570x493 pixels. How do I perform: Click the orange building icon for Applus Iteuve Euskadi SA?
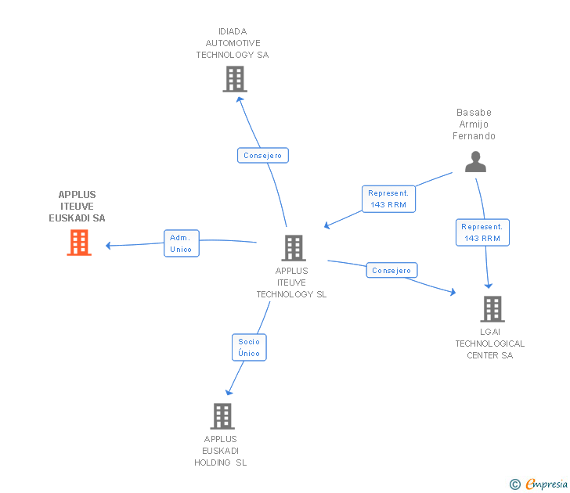click(x=78, y=243)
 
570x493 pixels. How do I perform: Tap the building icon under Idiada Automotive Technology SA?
click(x=234, y=79)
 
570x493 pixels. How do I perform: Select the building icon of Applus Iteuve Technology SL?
click(x=294, y=248)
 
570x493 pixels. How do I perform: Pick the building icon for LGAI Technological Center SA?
click(x=492, y=309)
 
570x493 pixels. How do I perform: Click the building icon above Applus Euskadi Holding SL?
click(x=222, y=416)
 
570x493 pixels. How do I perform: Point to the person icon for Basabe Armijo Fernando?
click(x=475, y=161)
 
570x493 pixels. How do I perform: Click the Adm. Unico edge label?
click(x=181, y=243)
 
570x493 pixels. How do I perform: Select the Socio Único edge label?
click(x=249, y=347)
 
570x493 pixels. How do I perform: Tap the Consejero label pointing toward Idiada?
click(x=263, y=156)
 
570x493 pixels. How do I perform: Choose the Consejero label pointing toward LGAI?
click(x=391, y=271)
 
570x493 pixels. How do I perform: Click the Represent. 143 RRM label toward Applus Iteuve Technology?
click(x=388, y=199)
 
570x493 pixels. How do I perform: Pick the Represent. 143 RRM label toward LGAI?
click(x=482, y=232)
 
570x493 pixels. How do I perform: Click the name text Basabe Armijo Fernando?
click(x=474, y=124)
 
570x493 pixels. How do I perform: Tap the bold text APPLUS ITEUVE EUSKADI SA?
click(x=77, y=207)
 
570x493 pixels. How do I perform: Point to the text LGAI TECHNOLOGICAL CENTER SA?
click(x=490, y=344)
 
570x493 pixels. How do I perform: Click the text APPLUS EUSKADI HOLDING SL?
click(x=221, y=451)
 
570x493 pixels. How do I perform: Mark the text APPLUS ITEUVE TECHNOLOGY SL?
click(x=291, y=283)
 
